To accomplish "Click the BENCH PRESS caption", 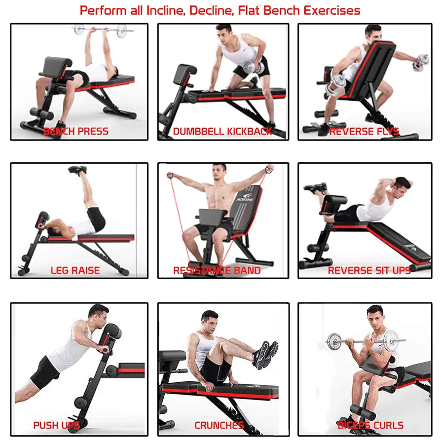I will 75,131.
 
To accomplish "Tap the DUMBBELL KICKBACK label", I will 222,131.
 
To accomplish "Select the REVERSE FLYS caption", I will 364,131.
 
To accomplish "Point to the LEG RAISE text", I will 75,270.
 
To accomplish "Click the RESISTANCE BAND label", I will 217,270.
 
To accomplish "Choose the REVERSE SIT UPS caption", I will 369,270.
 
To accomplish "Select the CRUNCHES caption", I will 219,425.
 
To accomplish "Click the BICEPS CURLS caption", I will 370,425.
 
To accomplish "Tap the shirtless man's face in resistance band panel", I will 219,173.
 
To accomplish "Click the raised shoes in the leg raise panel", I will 78,170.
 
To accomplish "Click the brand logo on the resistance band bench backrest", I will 244,199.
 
